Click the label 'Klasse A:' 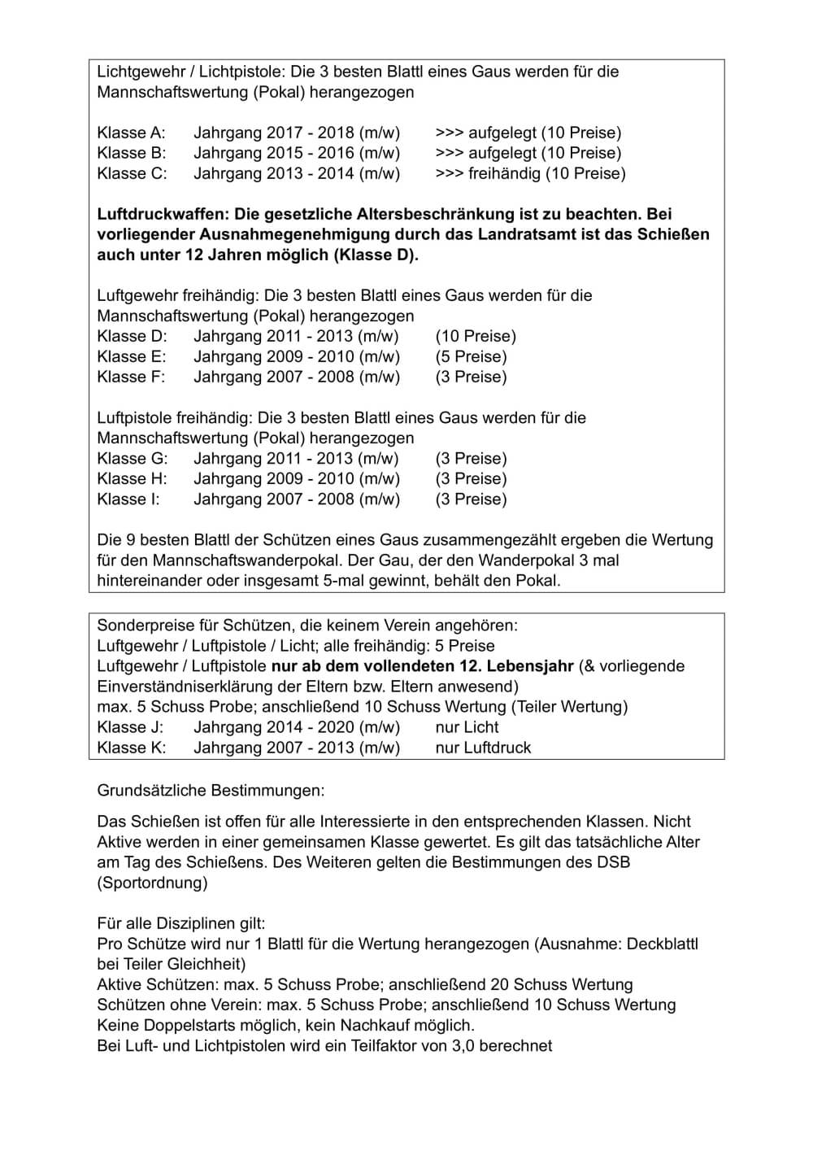131,133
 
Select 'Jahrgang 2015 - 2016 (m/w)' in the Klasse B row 297,153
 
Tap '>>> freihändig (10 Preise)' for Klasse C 530,173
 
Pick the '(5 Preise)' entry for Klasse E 471,356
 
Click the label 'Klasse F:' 131,377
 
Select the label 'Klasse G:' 132,458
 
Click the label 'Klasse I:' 128,499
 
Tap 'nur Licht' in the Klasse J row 467,727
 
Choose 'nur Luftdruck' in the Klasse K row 483,748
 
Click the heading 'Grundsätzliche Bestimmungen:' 211,790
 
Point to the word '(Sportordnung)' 152,883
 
